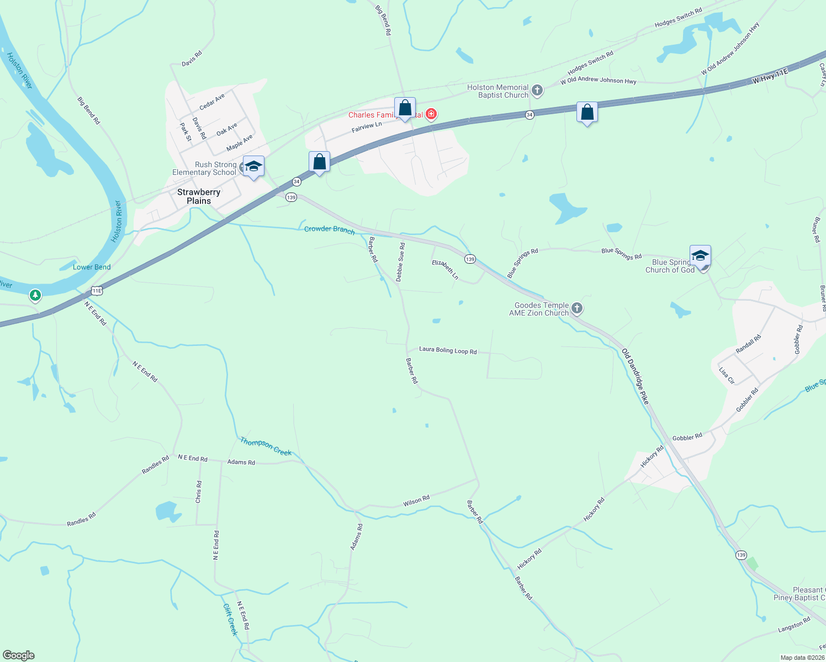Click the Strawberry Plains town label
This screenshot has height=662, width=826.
point(199,196)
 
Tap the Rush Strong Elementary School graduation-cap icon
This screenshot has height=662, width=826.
point(253,166)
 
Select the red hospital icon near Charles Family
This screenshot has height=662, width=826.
point(431,115)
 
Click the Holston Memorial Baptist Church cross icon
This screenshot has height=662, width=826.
point(537,91)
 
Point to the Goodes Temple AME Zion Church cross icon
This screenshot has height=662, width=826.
point(577,308)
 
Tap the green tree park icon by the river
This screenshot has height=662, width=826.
point(35,296)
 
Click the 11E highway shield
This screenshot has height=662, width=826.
point(97,290)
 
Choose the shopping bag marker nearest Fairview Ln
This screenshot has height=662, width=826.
point(405,108)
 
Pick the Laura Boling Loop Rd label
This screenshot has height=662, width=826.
point(448,350)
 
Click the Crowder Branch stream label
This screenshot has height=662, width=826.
point(330,229)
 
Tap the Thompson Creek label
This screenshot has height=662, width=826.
point(266,446)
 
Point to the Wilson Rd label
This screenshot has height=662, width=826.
point(416,501)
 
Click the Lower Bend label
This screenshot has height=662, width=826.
point(92,268)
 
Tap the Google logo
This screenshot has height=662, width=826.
point(19,655)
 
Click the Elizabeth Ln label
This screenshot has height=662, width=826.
point(445,269)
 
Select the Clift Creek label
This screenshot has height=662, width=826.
point(230,620)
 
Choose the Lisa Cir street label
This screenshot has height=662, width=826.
point(727,375)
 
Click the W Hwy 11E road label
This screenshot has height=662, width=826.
point(770,77)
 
